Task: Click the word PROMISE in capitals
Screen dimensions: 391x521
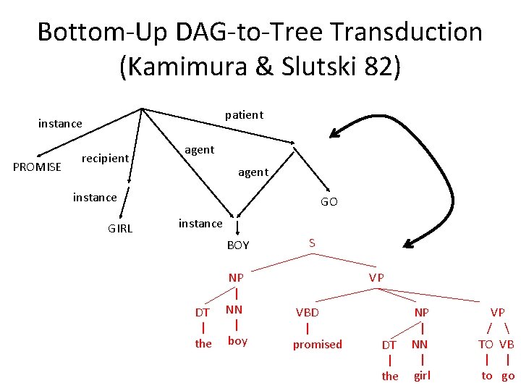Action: pyautogui.click(x=38, y=168)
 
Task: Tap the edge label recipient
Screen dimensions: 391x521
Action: pyautogui.click(x=106, y=158)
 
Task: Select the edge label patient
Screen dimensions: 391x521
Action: pyautogui.click(x=244, y=114)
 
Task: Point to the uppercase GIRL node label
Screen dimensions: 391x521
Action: pyautogui.click(x=120, y=229)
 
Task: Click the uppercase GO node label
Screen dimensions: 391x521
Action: pyautogui.click(x=329, y=202)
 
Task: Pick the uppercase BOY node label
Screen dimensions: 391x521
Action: pyautogui.click(x=238, y=245)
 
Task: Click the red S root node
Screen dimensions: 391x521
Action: pyautogui.click(x=312, y=243)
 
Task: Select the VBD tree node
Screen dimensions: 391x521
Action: pyautogui.click(x=307, y=312)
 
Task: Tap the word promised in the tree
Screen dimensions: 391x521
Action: pyautogui.click(x=317, y=345)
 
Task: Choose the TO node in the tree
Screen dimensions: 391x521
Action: pyautogui.click(x=486, y=344)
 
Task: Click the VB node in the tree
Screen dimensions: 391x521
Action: pyautogui.click(x=507, y=344)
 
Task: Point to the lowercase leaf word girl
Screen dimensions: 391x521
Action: pyautogui.click(x=422, y=376)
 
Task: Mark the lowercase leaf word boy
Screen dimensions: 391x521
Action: pyautogui.click(x=237, y=341)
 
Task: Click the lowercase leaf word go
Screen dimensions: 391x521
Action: pyautogui.click(x=508, y=376)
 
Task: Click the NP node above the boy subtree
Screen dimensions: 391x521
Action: pyautogui.click(x=236, y=278)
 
